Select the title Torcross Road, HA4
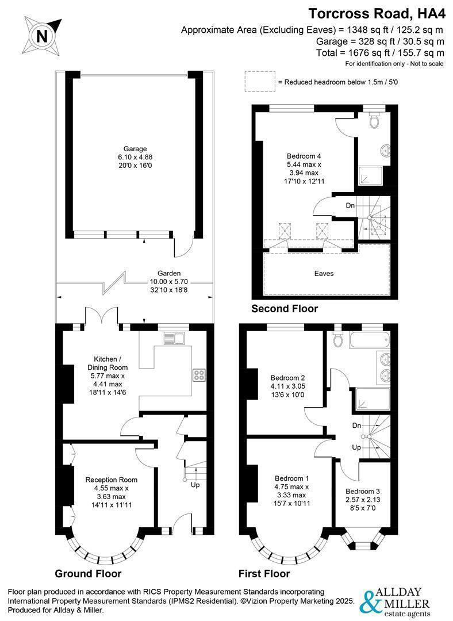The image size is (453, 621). (x=376, y=14)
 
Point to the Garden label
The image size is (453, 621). (x=170, y=273)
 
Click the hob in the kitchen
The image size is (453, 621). (x=200, y=375)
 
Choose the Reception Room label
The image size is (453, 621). (x=112, y=480)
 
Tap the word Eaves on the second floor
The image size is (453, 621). (x=324, y=274)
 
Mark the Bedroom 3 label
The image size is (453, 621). (x=363, y=491)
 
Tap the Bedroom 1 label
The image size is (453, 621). (x=292, y=478)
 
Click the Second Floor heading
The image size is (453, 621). (x=285, y=309)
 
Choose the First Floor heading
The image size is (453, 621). (x=264, y=573)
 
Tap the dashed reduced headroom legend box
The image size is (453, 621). (x=258, y=82)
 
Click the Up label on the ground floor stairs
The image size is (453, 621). (x=195, y=485)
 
